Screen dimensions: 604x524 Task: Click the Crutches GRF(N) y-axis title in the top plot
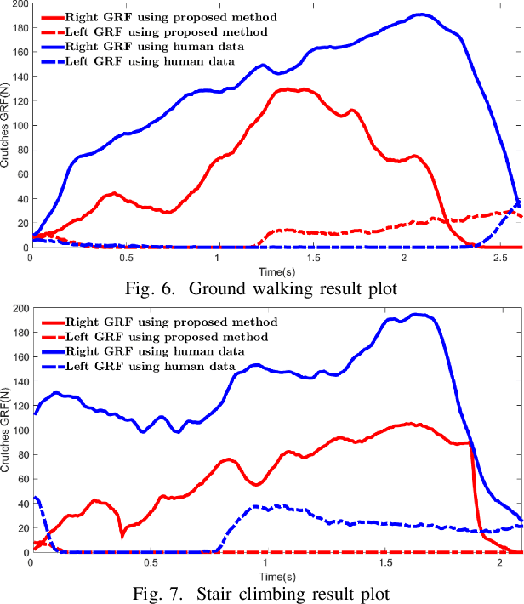tap(5, 126)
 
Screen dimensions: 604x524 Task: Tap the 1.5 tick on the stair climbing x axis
tap(386, 562)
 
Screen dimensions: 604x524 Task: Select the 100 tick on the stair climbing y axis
tap(18, 430)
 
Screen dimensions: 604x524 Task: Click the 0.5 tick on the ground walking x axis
tap(124, 257)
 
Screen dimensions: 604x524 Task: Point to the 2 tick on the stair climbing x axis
tap(504, 562)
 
